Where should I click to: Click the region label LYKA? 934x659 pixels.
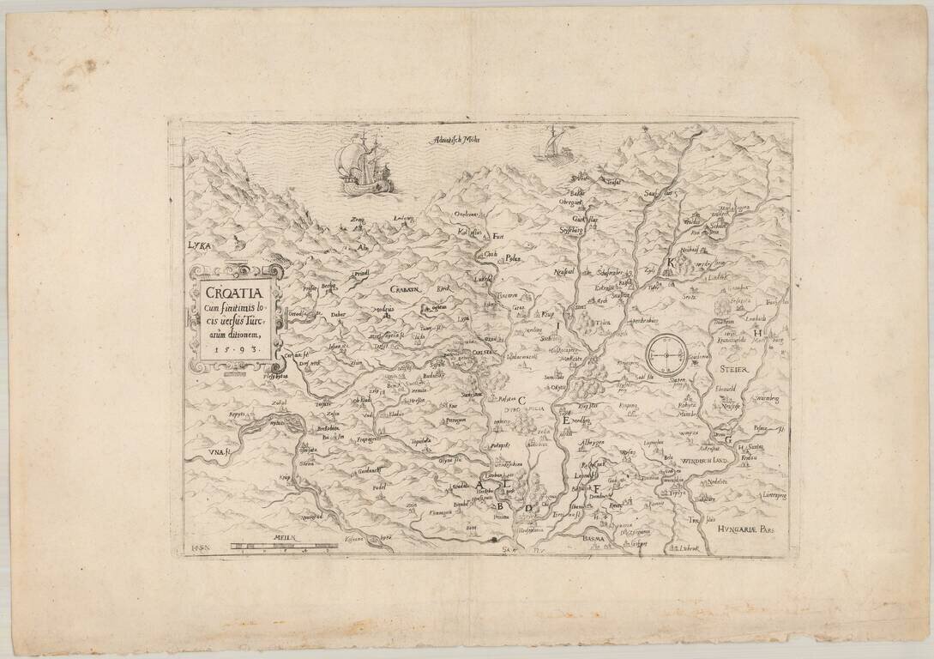(199, 245)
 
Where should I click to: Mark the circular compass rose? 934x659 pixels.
(666, 352)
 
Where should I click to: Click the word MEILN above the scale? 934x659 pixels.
(283, 536)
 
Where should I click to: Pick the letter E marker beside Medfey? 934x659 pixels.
(565, 420)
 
